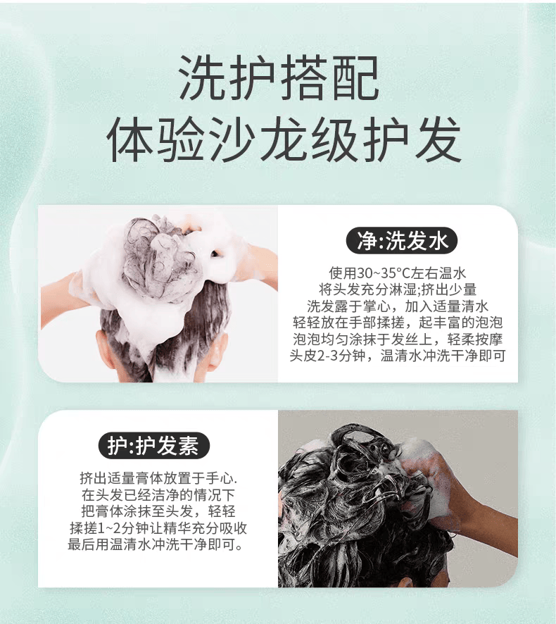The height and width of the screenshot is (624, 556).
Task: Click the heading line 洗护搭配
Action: (278, 77)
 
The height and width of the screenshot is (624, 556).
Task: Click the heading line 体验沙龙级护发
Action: (284, 139)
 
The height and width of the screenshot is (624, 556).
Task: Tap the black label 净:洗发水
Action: (402, 241)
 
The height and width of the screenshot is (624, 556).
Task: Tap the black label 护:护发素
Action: (153, 445)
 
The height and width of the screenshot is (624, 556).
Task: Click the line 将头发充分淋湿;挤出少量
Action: (398, 289)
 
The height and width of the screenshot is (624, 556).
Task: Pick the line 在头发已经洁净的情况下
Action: (158, 495)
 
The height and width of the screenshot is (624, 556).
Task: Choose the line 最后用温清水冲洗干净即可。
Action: (155, 544)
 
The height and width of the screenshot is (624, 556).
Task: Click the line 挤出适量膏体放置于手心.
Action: (158, 478)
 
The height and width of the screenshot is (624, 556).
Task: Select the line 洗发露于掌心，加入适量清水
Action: (398, 306)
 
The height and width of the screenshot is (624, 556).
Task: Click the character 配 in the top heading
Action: (355, 77)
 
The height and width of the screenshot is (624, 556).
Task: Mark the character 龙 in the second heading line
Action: (283, 139)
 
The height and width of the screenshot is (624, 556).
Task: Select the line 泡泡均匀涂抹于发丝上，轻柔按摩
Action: (398, 339)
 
